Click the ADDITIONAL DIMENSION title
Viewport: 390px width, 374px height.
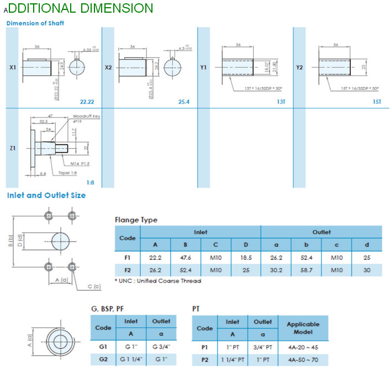[x=78, y=8]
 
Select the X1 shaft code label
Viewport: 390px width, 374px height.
[x=13, y=67]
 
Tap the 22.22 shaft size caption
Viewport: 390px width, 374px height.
[x=87, y=102]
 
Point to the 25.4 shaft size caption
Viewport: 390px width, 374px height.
[x=184, y=102]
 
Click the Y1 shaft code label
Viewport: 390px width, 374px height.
[x=203, y=67]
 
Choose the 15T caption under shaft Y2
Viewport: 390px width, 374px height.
[x=377, y=102]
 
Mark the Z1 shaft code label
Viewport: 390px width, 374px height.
[x=13, y=148]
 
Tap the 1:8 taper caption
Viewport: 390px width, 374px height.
[x=90, y=181]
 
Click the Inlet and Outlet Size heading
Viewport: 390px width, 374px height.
[x=46, y=195]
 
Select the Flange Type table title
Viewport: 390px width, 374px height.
[x=136, y=220]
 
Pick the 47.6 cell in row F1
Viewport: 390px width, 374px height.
[x=185, y=258]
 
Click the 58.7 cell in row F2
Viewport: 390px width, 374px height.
[x=306, y=270]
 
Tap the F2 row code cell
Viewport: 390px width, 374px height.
[x=127, y=270]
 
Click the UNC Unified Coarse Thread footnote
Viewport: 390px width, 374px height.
[x=158, y=281]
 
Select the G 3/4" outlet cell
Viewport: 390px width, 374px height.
[x=161, y=348]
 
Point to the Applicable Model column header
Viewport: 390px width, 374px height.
[x=303, y=328]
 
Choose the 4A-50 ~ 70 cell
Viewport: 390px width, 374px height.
[x=303, y=360]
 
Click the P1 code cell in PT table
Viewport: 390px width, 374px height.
[x=204, y=348]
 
